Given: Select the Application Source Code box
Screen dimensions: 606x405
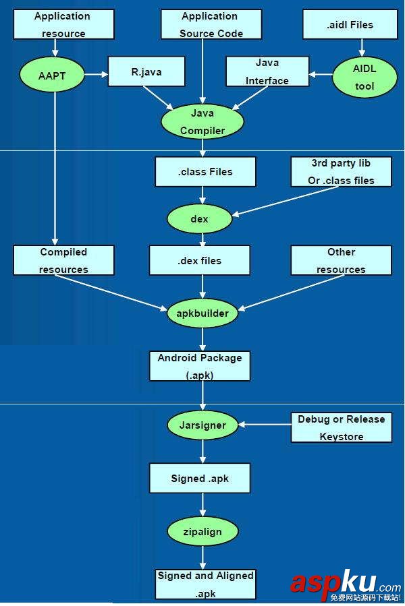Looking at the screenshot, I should (209, 24).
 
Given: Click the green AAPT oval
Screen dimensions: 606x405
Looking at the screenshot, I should (52, 75).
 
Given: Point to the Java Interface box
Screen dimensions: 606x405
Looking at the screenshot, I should (267, 71).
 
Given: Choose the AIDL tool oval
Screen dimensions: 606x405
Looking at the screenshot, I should (364, 78).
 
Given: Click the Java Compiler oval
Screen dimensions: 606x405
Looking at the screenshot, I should (202, 122).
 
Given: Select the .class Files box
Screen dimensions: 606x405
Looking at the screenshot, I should (205, 172).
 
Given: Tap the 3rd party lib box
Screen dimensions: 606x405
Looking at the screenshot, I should (341, 172).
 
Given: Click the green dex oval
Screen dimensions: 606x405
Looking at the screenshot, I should (199, 219).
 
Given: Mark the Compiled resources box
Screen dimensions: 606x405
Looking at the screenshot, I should (63, 260).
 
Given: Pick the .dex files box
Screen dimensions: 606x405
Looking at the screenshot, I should (200, 260).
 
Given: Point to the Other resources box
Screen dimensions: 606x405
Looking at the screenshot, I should (341, 260).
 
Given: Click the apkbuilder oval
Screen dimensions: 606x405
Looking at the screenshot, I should (202, 313).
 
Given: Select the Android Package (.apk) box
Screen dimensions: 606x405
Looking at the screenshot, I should (200, 366).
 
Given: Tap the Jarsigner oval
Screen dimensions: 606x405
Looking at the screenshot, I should (202, 425).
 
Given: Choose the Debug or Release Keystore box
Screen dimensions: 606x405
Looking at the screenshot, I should (341, 427).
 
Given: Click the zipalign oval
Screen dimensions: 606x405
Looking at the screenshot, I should (202, 531).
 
